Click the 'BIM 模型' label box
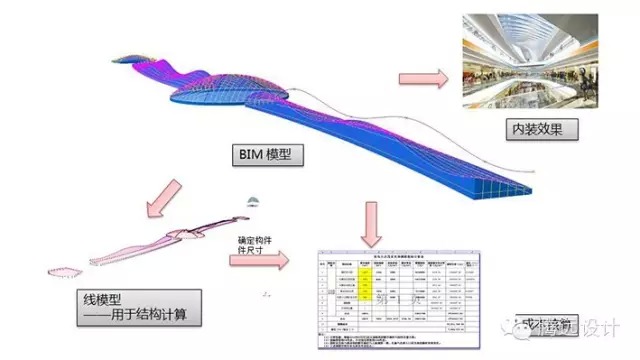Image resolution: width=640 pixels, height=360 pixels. [x=266, y=155]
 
